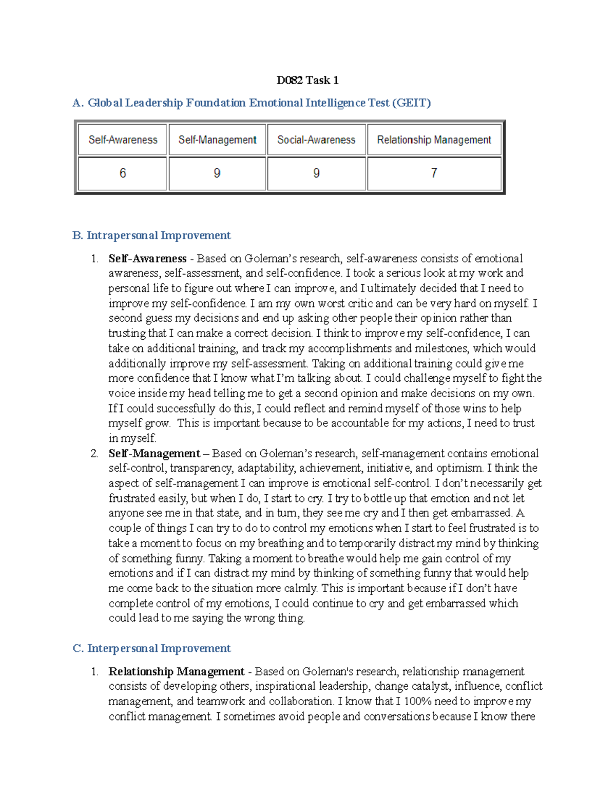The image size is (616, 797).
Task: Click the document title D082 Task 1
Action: pos(307,80)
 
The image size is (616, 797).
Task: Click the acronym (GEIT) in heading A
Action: pos(411,103)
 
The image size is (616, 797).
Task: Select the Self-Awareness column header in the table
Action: pos(123,140)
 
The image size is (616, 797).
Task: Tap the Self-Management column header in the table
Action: pos(217,140)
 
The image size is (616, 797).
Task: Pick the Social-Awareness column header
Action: pos(316,140)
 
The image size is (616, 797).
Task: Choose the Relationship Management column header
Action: pos(434,140)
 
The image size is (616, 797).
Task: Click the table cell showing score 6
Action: pos(123,173)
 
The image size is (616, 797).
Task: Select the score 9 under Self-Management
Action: pos(217,173)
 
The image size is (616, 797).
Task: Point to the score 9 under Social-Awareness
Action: pos(316,173)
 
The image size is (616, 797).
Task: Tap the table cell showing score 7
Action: pos(434,173)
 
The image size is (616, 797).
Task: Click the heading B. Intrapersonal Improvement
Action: pos(151,236)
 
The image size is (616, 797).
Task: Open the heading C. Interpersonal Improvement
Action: pos(151,648)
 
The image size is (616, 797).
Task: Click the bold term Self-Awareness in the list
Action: pos(147,259)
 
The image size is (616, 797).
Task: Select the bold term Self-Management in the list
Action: pos(154,454)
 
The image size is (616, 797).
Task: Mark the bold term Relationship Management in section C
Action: pos(176,671)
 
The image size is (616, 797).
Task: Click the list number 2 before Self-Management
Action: pos(94,454)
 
